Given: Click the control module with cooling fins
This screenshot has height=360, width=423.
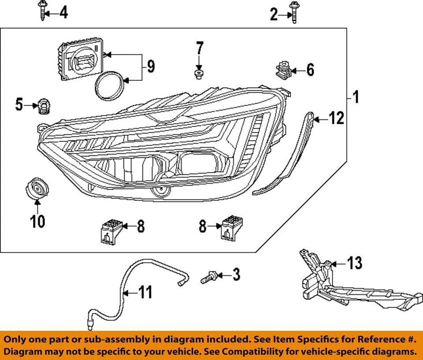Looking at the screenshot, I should coord(80,61).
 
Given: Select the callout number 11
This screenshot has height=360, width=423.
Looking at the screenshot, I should coord(145,292).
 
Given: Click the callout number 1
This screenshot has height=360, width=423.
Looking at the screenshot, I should coord(356,97).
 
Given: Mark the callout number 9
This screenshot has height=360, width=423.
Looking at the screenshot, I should coord(150,67).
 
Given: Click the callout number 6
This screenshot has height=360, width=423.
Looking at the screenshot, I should coord(310,70).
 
